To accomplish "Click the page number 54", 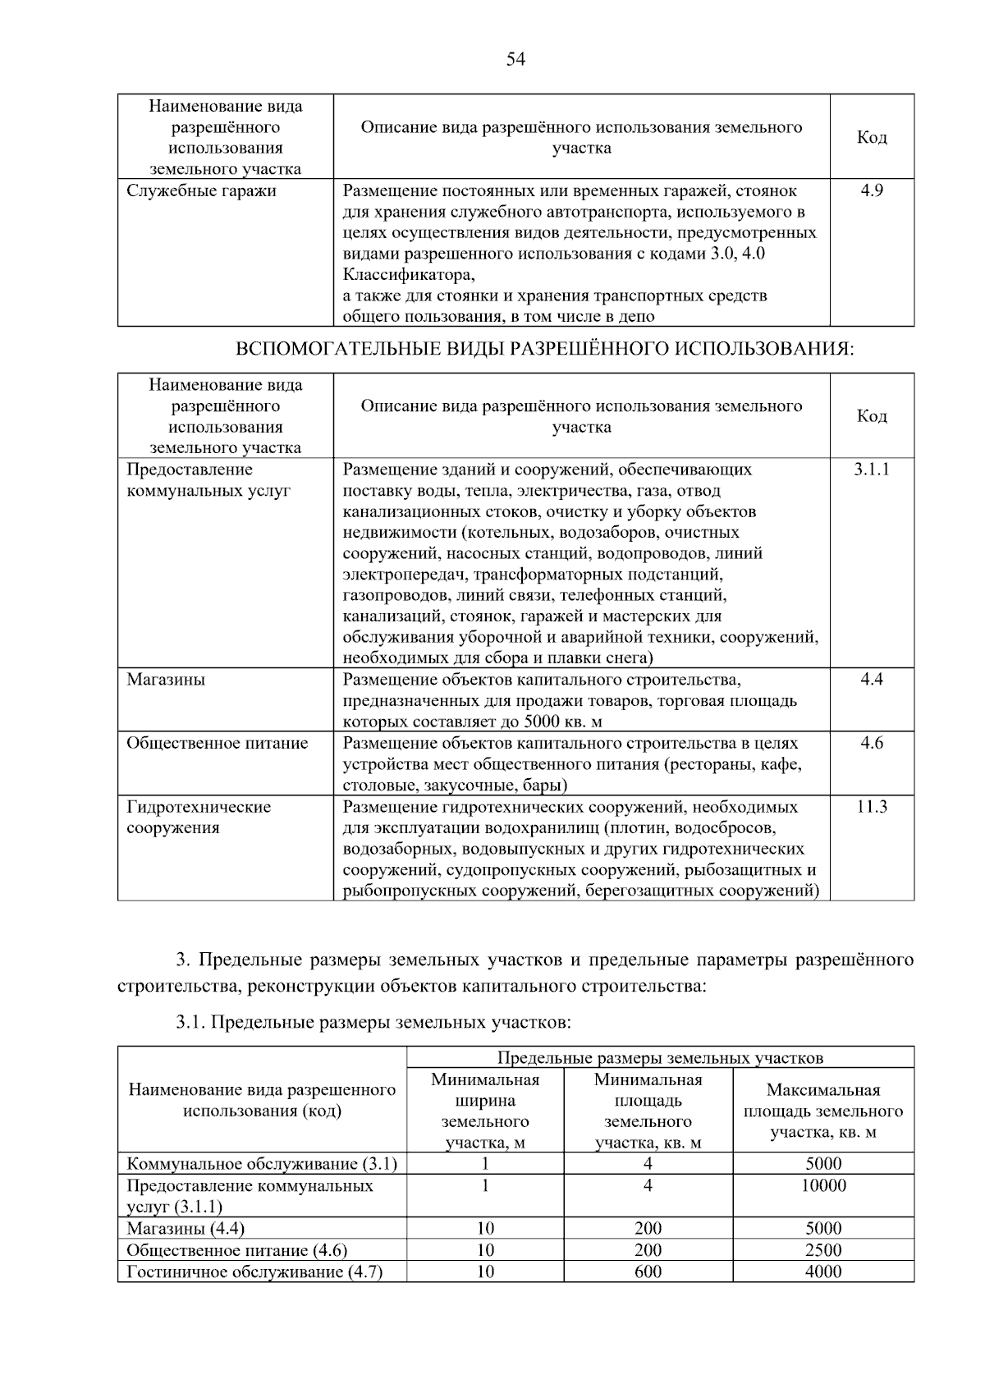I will [x=515, y=59].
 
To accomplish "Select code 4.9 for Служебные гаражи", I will [x=871, y=190].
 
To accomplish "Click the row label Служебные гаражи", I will [x=201, y=190].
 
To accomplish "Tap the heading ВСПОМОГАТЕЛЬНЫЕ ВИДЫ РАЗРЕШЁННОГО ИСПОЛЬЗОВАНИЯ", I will [x=544, y=349].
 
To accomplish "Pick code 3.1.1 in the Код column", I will [x=871, y=470].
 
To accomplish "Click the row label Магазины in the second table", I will [x=166, y=680].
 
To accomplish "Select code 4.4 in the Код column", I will [x=871, y=680].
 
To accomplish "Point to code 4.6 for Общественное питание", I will [x=871, y=743].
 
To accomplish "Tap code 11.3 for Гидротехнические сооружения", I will [x=871, y=807].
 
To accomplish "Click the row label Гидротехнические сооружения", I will [x=198, y=817].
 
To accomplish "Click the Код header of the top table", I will [x=871, y=137].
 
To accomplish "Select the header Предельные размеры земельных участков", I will [x=659, y=1058].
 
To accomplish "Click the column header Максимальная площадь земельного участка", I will [x=822, y=1111].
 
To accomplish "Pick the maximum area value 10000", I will [x=823, y=1185].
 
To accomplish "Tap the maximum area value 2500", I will [x=823, y=1250].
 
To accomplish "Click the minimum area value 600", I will [x=648, y=1272].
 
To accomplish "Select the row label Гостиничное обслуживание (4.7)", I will [x=254, y=1272].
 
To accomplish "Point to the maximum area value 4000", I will [x=823, y=1272].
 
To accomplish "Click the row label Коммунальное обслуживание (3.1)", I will [x=262, y=1163].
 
